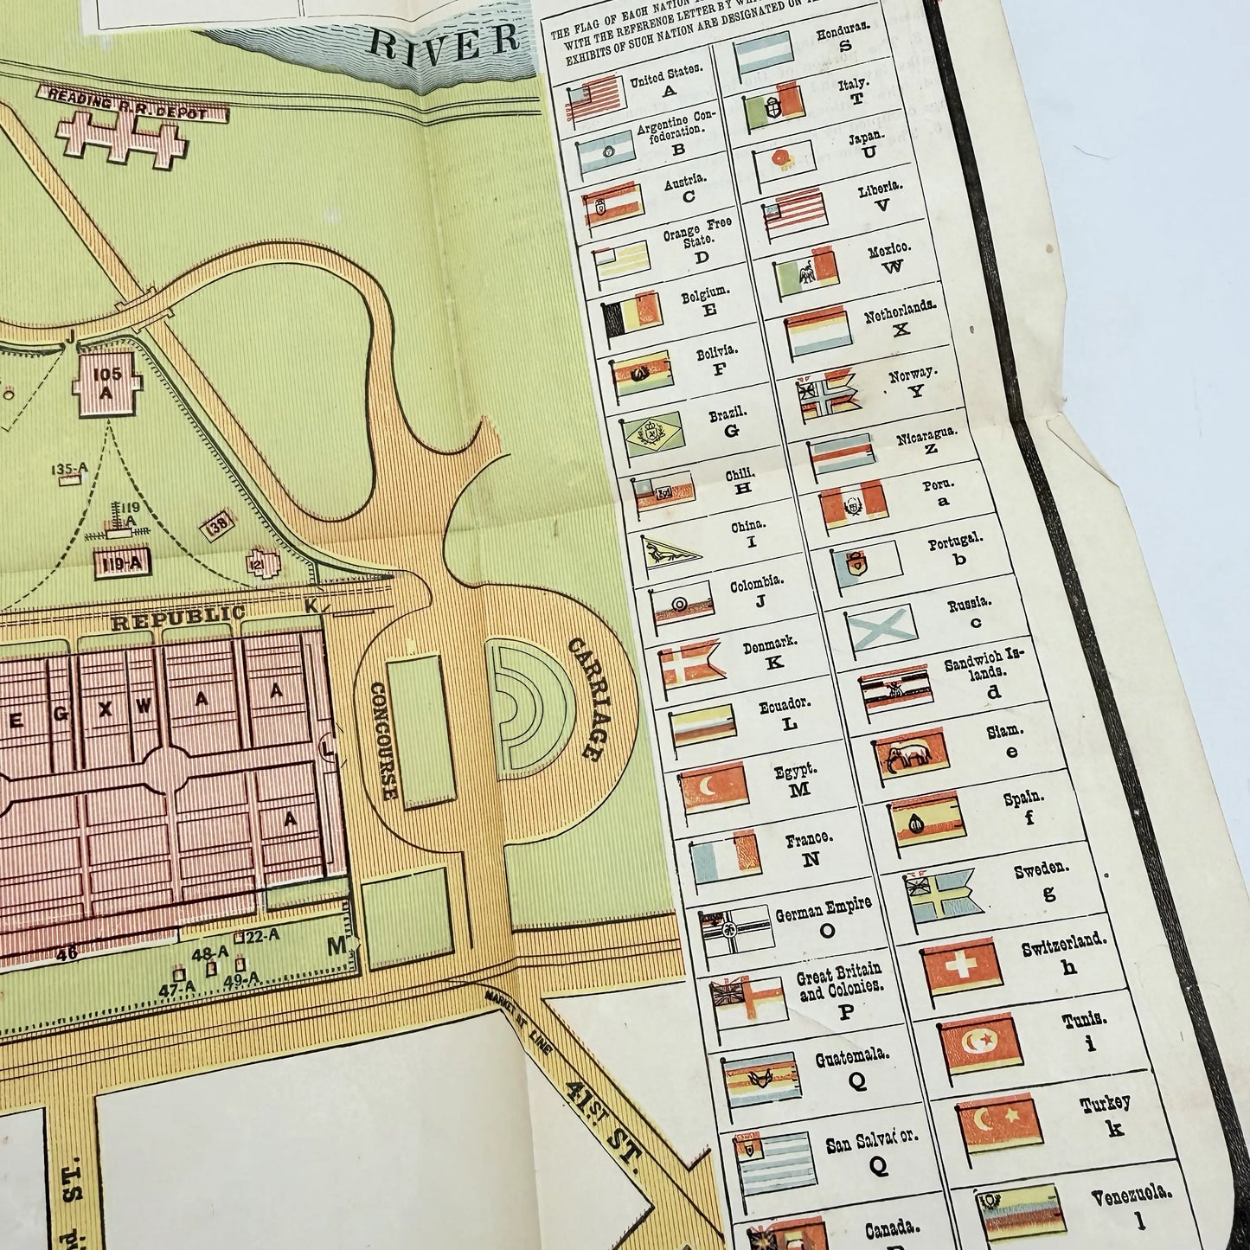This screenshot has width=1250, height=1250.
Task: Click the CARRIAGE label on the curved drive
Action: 583,699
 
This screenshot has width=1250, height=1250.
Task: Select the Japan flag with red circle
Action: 783,157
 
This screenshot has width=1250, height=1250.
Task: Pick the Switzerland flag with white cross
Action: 959,967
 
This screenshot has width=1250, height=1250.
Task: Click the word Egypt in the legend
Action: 796,770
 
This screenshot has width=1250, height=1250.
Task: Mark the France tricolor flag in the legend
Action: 725,856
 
